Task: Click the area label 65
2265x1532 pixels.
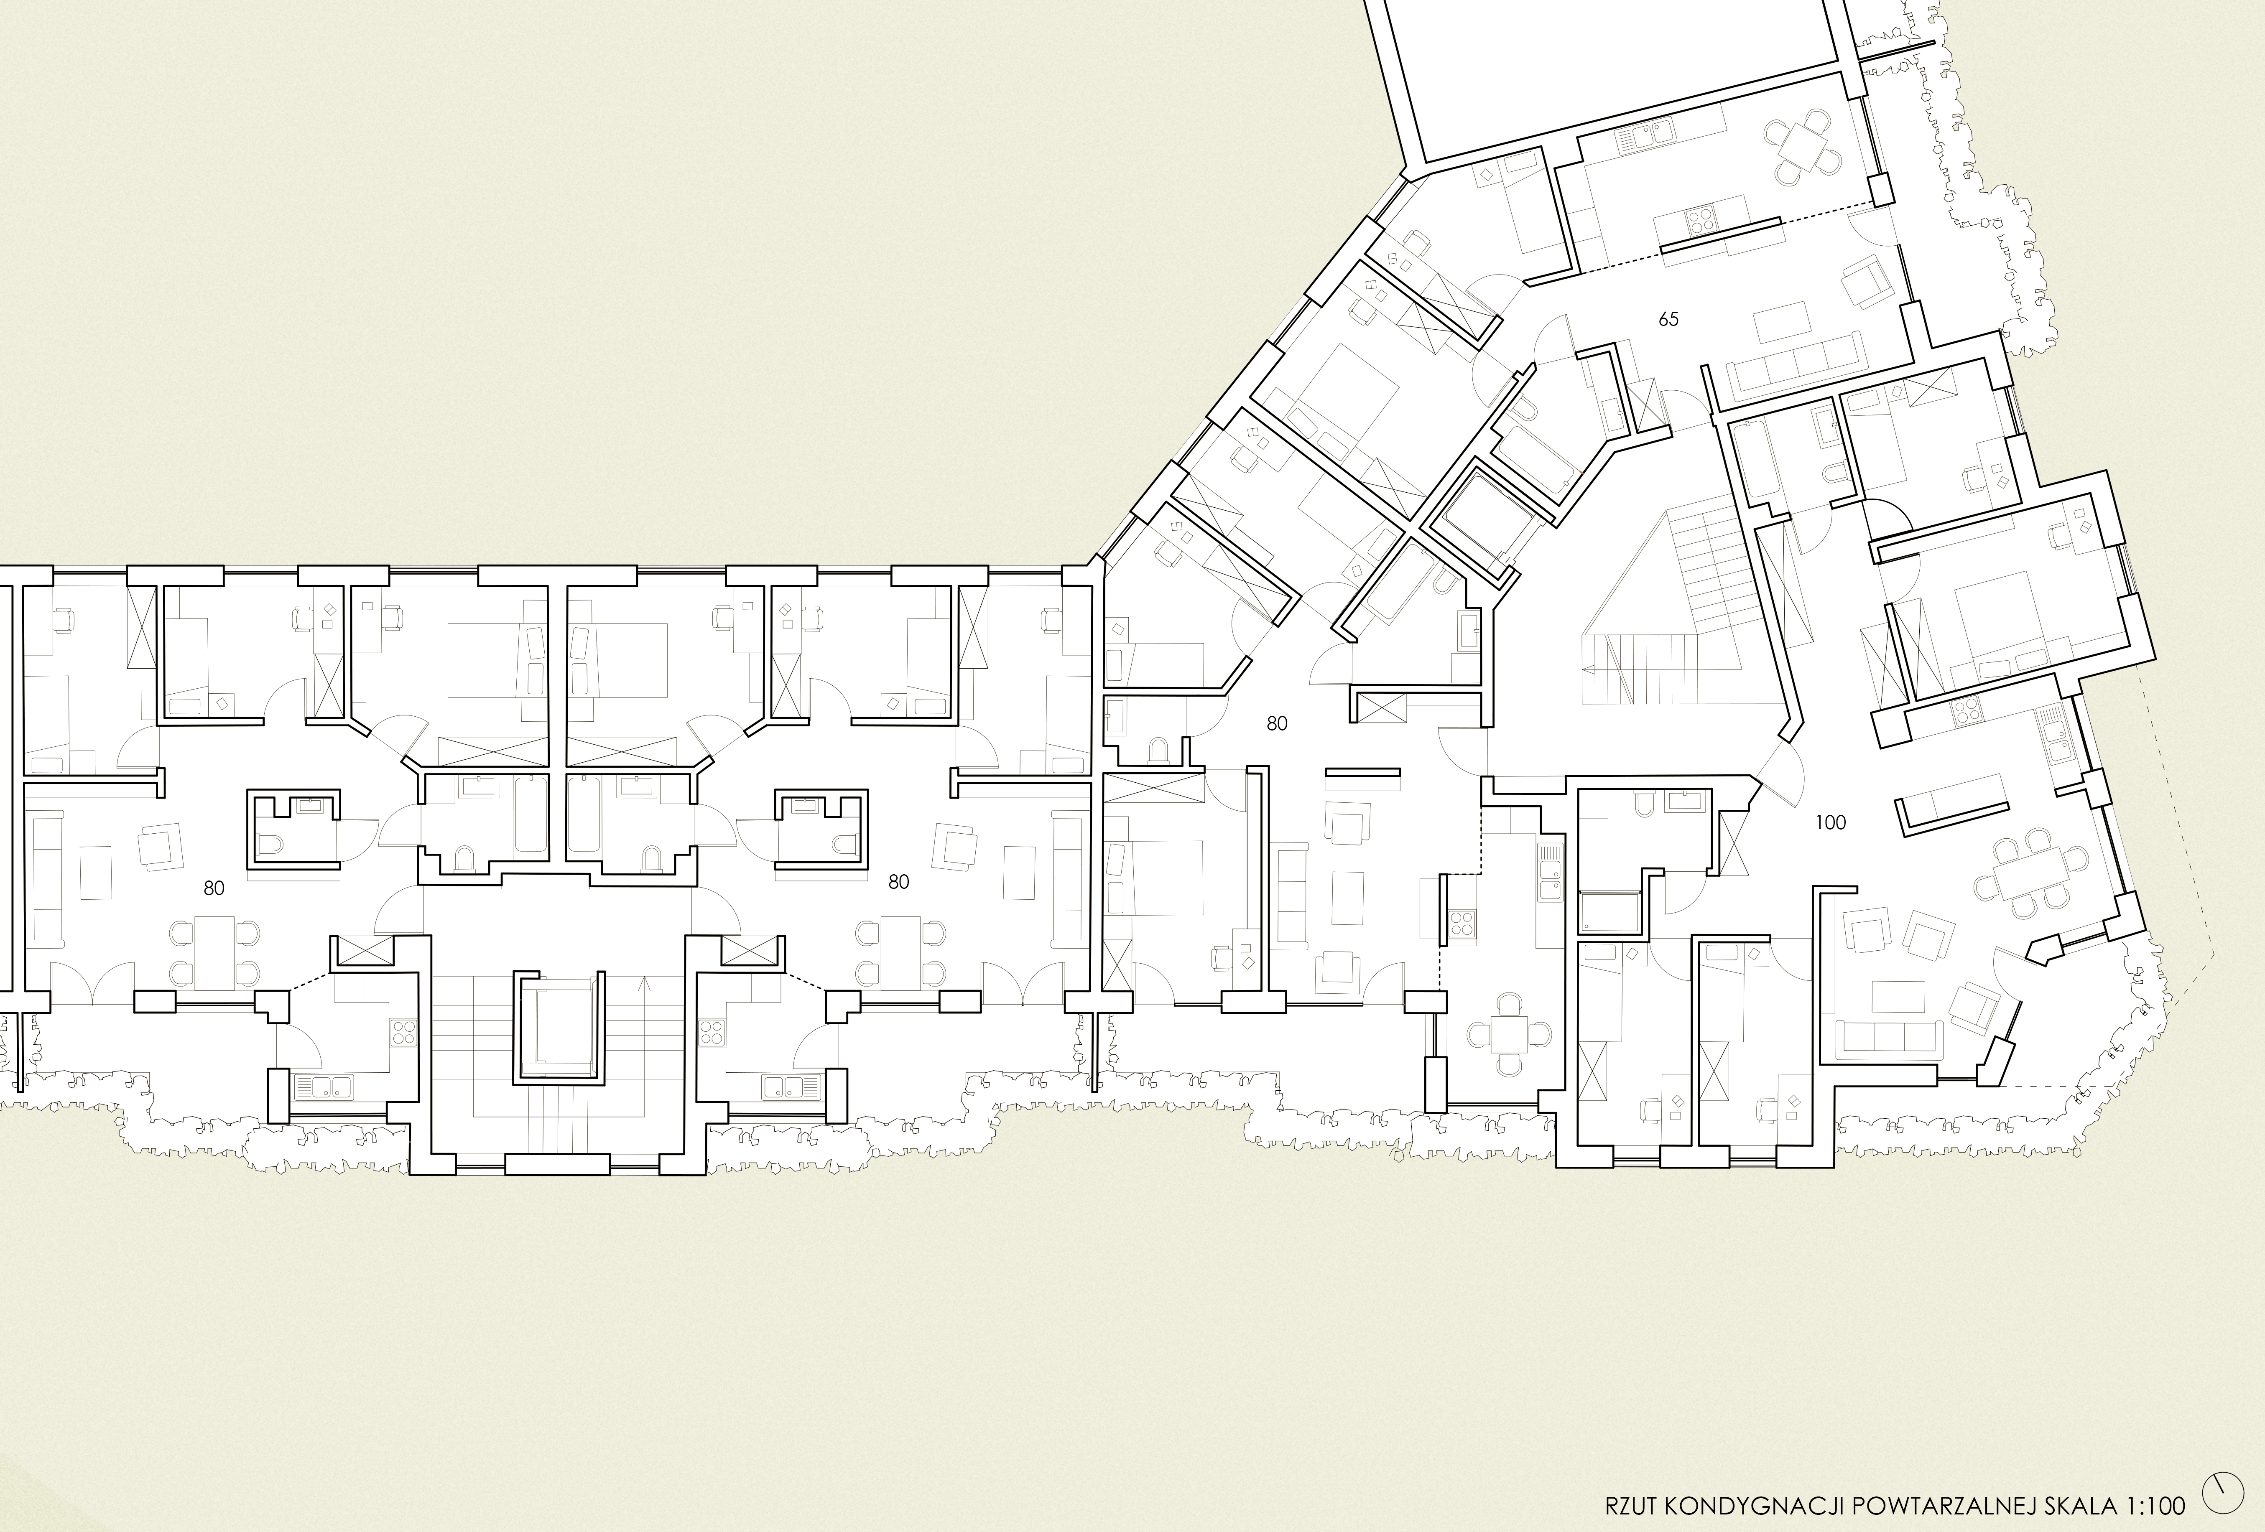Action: point(1668,319)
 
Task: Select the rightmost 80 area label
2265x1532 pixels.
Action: point(1277,723)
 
